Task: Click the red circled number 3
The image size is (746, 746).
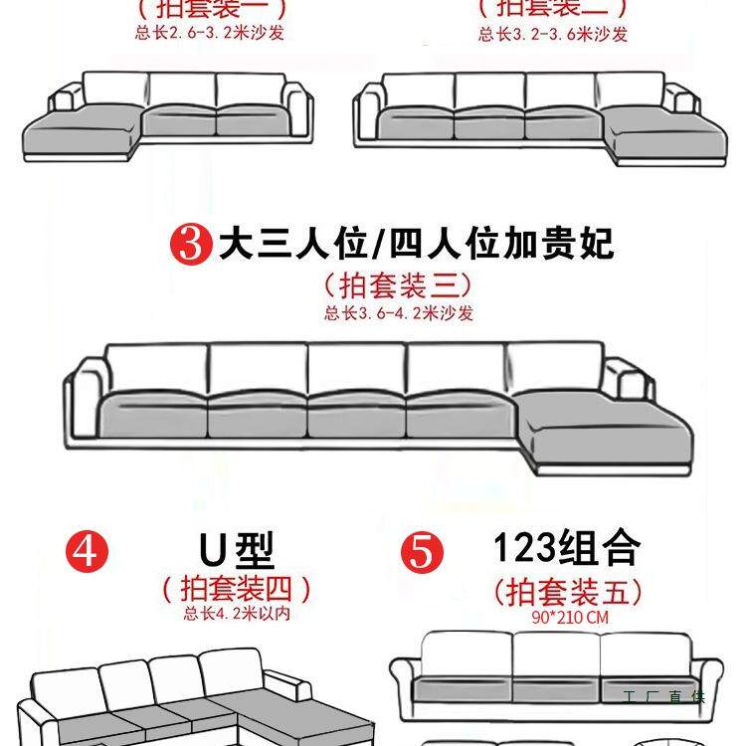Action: click(x=193, y=245)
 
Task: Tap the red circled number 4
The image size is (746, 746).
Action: click(x=86, y=550)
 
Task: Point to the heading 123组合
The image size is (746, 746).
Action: click(x=566, y=547)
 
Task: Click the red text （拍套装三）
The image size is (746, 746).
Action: click(x=397, y=286)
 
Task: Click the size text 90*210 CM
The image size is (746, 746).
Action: click(x=569, y=617)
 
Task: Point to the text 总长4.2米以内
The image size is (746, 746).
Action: click(x=236, y=614)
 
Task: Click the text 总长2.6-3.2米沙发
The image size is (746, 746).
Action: click(x=211, y=33)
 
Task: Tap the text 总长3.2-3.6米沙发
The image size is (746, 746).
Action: click(x=552, y=34)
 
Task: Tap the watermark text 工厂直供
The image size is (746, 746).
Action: click(x=663, y=696)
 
